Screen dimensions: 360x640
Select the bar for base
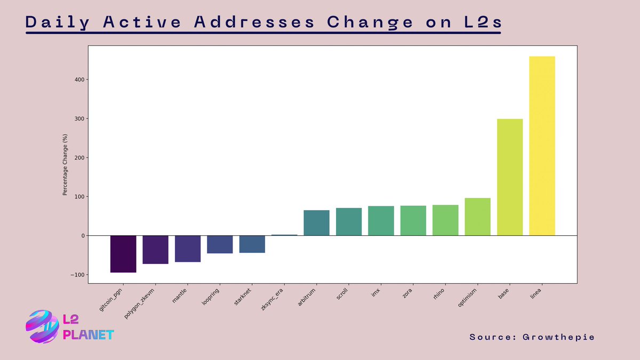coord(510,177)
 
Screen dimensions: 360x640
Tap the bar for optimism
coord(477,217)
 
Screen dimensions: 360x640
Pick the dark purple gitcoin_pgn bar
coord(123,254)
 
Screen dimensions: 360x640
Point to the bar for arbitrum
coord(316,223)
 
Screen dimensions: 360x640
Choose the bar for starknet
coord(252,244)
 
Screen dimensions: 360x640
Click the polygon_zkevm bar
coord(156,250)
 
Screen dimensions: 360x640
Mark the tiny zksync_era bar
coord(284,235)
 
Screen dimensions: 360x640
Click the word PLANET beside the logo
coord(89,335)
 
